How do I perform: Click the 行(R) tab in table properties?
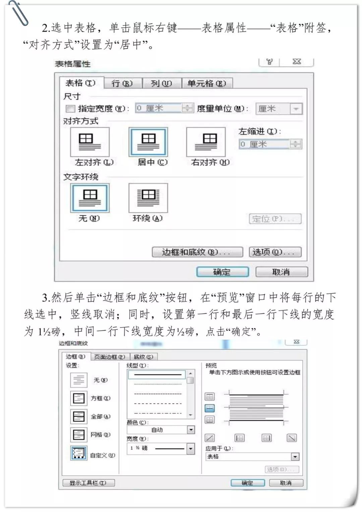[122, 83]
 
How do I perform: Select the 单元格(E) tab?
[206, 83]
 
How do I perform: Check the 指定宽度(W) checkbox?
[70, 109]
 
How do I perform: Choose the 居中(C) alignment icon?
[148, 142]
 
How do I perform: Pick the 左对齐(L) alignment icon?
[89, 142]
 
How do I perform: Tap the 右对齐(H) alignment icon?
[206, 142]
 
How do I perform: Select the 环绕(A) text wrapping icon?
[148, 198]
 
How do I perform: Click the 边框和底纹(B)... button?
[197, 252]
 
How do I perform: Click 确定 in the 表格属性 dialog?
[222, 272]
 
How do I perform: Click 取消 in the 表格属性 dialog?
[281, 272]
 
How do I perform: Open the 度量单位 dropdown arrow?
[296, 109]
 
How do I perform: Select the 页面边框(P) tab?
[109, 357]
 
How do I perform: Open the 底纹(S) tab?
[143, 357]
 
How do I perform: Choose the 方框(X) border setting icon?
[79, 398]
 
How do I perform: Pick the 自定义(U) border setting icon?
[79, 453]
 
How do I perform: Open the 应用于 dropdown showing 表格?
[295, 456]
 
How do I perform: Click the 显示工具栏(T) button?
[88, 483]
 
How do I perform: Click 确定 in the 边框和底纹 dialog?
[247, 483]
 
